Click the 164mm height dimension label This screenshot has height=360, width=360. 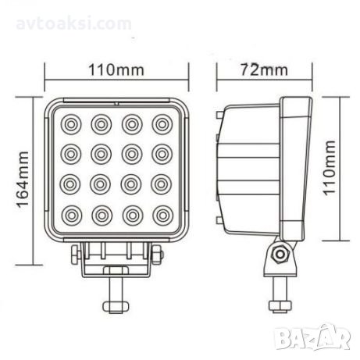coord(23,180)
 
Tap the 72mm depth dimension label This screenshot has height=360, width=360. coord(264,70)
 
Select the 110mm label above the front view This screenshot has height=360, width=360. coord(116,70)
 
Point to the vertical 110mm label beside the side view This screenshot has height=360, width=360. coord(329,168)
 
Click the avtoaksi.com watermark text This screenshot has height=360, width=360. coord(73,23)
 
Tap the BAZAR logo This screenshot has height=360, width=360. coord(312,337)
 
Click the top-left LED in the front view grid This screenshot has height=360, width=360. coord(71,124)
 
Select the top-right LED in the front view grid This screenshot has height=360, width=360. coord(162,124)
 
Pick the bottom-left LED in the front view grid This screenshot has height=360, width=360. coord(72,216)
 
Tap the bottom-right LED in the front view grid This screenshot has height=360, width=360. coord(163,216)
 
